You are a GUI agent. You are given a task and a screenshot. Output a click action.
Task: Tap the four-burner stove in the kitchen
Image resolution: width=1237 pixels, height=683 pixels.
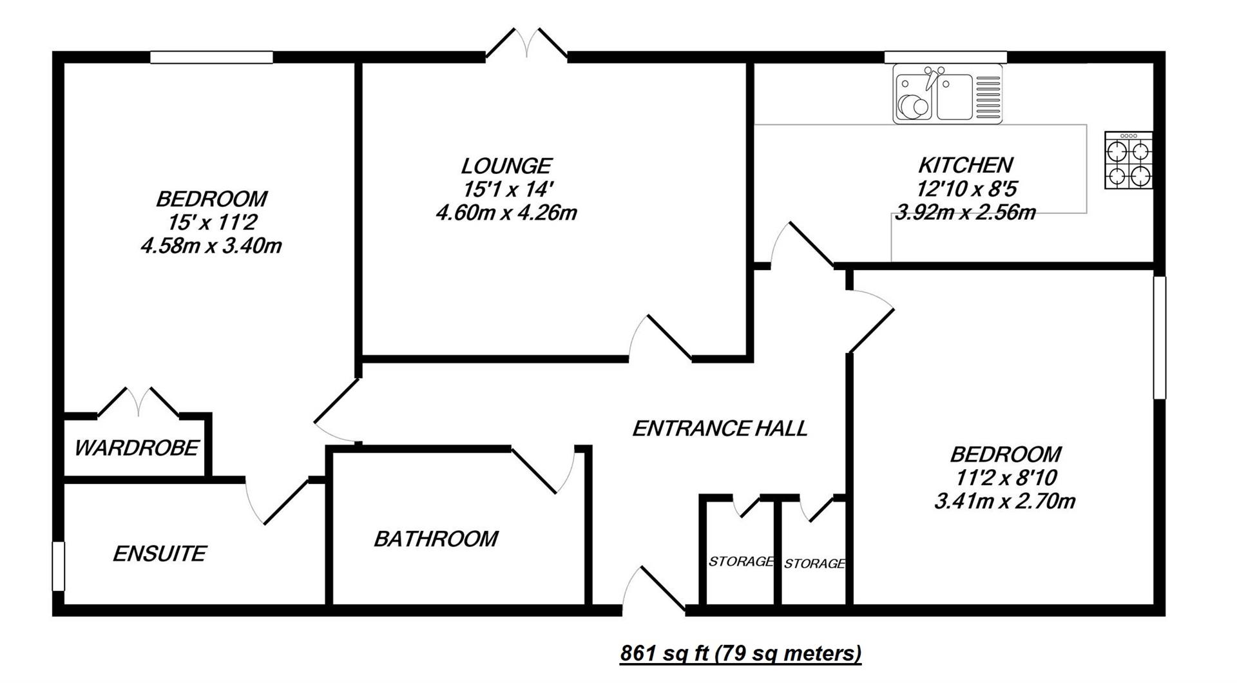tap(1129, 160)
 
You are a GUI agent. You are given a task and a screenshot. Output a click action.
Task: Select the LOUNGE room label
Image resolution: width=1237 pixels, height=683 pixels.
tap(506, 166)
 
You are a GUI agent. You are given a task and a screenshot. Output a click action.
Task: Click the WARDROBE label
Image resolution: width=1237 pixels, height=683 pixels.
tap(137, 448)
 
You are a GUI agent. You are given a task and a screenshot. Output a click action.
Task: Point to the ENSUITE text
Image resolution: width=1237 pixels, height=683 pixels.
tap(159, 553)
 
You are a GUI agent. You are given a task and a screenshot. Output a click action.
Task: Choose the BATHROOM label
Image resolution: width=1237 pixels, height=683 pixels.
tap(436, 539)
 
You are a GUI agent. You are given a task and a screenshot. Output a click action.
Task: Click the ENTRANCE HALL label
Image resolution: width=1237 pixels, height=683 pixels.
tap(720, 428)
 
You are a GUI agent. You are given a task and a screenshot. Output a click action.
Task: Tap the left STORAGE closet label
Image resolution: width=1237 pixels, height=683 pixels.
tap(741, 561)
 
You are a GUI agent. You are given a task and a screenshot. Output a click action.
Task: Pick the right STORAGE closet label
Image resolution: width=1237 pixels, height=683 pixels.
tap(814, 564)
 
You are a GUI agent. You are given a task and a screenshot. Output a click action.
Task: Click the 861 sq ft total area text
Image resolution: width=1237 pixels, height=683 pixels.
tap(740, 653)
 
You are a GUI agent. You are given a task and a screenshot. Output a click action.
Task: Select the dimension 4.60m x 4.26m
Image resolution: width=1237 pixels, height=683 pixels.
tap(506, 212)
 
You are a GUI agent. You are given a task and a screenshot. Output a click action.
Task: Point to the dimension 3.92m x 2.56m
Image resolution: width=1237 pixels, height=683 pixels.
tap(965, 212)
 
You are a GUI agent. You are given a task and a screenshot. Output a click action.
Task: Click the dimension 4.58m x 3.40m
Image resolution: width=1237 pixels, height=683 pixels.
tap(211, 245)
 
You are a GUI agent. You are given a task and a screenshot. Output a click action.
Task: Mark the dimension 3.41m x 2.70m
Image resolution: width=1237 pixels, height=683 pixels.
tap(1005, 501)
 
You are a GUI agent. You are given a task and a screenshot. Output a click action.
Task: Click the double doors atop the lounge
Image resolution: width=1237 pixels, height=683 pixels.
tap(527, 44)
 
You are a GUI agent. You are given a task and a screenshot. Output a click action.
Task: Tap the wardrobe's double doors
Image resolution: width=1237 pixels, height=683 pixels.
tap(138, 402)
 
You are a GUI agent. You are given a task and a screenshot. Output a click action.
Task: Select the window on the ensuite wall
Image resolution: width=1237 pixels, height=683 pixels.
tap(59, 566)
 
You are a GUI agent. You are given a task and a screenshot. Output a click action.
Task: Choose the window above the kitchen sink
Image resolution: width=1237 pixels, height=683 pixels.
tap(945, 57)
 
